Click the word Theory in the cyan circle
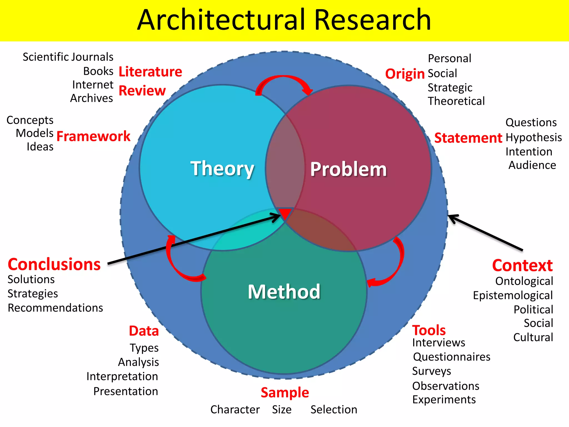pyautogui.click(x=222, y=168)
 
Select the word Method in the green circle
pyautogui.click(x=284, y=292)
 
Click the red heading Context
pyautogui.click(x=522, y=265)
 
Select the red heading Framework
pyautogui.click(x=93, y=136)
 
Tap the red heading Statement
pyautogui.click(x=468, y=138)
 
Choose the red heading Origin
pyautogui.click(x=405, y=74)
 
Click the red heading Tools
pyautogui.click(x=429, y=330)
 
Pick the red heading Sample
pyautogui.click(x=285, y=393)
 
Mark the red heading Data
pyautogui.click(x=144, y=331)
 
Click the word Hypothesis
pyautogui.click(x=534, y=137)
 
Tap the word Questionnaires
pyautogui.click(x=452, y=357)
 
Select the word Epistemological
pyautogui.click(x=513, y=295)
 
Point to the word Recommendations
pyautogui.click(x=55, y=308)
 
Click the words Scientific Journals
pyautogui.click(x=68, y=57)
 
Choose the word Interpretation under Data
pyautogui.click(x=122, y=376)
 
